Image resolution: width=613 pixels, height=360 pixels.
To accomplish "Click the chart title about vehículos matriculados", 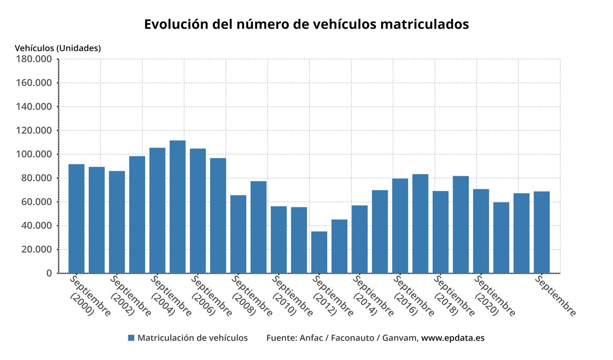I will point(306,25).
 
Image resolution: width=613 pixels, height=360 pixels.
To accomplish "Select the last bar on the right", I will point(541,232).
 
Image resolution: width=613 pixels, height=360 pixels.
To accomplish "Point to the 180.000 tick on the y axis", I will point(35,59).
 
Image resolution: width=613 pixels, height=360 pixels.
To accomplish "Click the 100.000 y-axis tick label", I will point(35,154).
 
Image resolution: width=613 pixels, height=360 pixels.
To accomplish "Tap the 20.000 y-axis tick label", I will point(37,250).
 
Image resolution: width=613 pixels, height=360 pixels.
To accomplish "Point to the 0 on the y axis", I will point(49,273).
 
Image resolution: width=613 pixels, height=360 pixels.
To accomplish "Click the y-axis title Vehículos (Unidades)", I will point(58,48).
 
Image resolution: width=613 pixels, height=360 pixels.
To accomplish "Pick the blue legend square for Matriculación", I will point(131,338).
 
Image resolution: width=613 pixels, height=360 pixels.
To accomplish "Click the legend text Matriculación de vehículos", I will point(193,338).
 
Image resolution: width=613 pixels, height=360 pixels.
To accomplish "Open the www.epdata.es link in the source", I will point(453,338).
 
